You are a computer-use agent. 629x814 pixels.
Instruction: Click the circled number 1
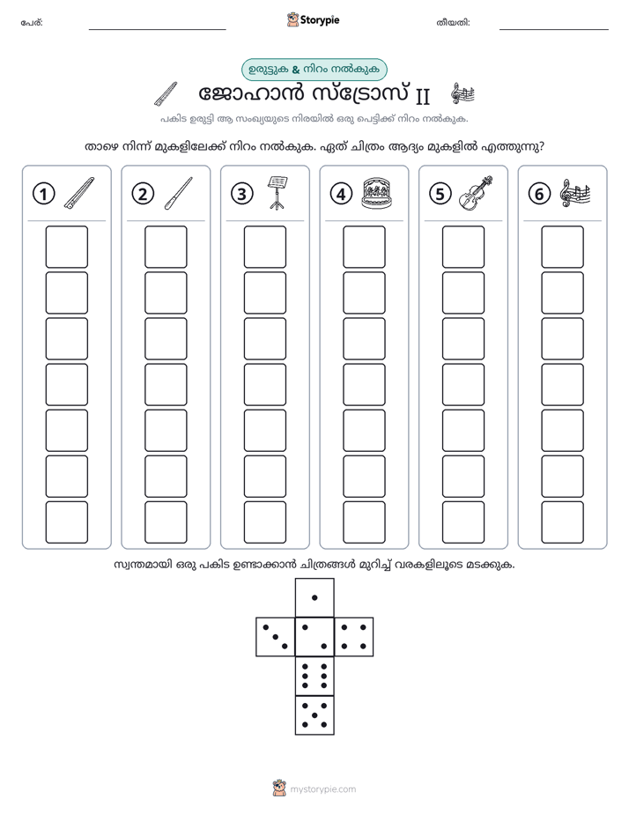click(x=43, y=194)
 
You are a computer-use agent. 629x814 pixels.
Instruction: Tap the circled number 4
click(x=341, y=194)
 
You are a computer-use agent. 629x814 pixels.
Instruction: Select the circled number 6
click(x=539, y=194)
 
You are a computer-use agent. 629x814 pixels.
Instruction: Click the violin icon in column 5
click(x=476, y=193)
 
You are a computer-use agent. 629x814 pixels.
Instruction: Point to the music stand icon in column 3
click(x=277, y=193)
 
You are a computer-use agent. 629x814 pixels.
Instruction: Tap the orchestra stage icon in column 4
click(x=376, y=193)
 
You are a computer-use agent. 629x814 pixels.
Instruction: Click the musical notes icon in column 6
click(x=575, y=193)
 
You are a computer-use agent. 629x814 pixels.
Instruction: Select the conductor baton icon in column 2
click(x=178, y=193)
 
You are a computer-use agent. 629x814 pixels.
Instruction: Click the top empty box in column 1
click(x=66, y=247)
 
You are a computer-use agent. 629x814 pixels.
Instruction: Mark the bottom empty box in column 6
click(x=563, y=522)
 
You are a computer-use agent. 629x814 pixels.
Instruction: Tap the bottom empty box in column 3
click(x=264, y=522)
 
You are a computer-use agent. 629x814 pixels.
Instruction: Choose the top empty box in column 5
click(x=463, y=247)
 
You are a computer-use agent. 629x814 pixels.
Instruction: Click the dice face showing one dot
click(x=314, y=597)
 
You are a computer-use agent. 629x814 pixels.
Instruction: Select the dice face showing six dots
click(x=314, y=676)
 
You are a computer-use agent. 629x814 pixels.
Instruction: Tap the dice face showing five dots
click(x=314, y=715)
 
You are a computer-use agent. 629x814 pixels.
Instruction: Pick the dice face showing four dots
click(x=354, y=637)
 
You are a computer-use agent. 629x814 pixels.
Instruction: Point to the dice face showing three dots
click(x=276, y=637)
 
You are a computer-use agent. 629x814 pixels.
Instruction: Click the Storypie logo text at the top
click(x=320, y=20)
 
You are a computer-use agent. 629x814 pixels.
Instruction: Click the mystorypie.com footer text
click(x=322, y=789)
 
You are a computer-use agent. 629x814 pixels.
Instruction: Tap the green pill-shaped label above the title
click(x=314, y=70)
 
